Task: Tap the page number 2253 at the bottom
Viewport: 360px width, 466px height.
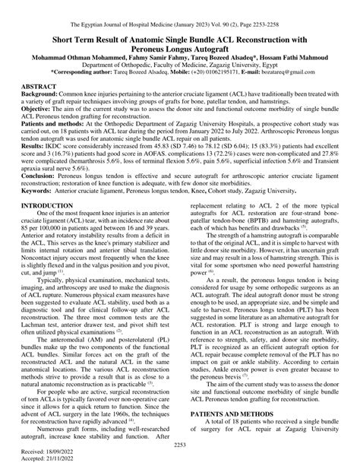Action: pos(180,445)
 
